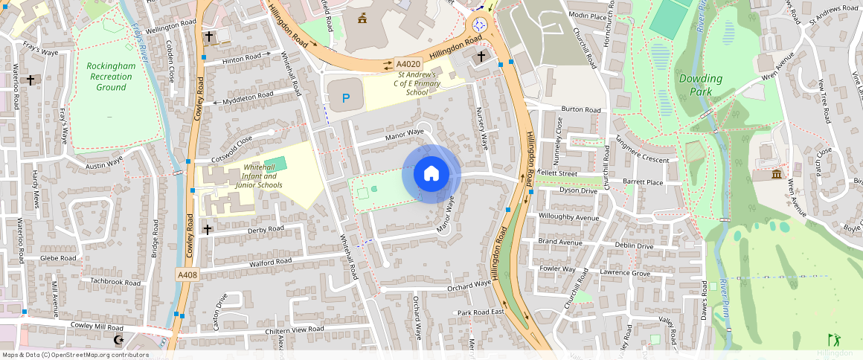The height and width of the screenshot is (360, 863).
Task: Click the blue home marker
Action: click(431, 174)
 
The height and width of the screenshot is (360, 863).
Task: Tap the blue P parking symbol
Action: click(345, 98)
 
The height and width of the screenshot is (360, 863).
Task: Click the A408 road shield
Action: click(187, 275)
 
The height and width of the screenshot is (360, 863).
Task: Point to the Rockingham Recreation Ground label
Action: click(111, 77)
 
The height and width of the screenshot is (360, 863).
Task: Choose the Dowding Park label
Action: click(700, 85)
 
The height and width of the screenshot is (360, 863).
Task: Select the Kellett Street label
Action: click(558, 173)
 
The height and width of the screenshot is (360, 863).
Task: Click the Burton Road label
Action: click(580, 109)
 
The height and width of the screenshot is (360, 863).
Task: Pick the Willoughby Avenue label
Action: click(568, 218)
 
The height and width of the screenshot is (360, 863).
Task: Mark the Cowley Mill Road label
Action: click(97, 327)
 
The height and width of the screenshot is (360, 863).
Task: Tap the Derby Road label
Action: click(266, 229)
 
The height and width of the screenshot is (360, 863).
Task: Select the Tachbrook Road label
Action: click(115, 282)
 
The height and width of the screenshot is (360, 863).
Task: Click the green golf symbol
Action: click(834, 339)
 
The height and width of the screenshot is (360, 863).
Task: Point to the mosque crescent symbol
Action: click(117, 340)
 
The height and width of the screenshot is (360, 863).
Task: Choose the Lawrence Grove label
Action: click(625, 274)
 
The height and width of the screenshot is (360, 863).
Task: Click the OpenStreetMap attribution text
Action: click(75, 355)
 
